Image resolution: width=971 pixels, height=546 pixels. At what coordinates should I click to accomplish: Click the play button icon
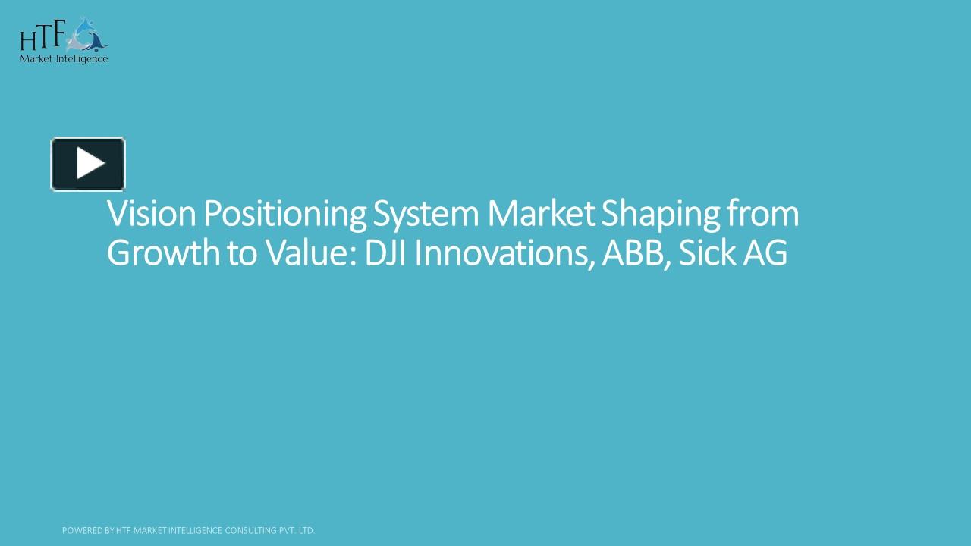[88, 164]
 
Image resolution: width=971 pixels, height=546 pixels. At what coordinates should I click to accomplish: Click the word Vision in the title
[151, 215]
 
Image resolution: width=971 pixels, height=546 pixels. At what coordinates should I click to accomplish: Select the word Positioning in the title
[284, 215]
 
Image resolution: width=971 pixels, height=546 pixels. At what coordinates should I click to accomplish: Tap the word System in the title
[426, 215]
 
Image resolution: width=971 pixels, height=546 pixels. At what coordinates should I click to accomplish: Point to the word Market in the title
[541, 215]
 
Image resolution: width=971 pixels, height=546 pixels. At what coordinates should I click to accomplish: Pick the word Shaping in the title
[660, 215]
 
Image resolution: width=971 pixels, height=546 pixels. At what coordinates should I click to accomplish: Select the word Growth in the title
[162, 253]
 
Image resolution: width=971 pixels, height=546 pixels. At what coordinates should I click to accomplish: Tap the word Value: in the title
[310, 253]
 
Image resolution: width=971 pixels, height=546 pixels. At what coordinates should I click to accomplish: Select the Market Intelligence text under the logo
[64, 58]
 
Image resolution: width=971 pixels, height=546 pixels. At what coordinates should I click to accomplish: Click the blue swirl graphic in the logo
[89, 34]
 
